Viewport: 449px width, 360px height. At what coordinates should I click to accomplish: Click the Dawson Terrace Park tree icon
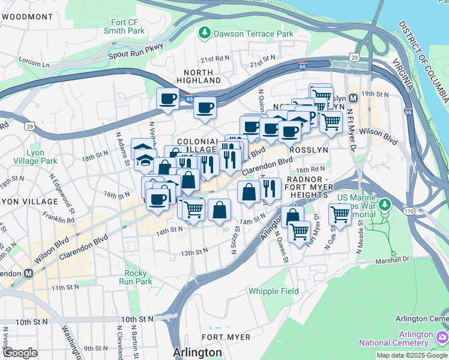(205, 34)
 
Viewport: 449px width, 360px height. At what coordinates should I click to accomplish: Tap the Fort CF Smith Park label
(124, 26)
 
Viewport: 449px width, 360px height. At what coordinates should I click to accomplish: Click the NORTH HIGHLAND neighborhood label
(199, 76)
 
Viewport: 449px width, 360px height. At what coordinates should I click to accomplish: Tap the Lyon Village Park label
(35, 157)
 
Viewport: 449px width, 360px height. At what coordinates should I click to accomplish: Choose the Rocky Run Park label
(135, 277)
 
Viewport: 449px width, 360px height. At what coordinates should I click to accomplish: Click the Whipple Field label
(274, 292)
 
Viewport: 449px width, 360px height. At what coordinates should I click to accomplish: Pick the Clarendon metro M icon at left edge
(28, 273)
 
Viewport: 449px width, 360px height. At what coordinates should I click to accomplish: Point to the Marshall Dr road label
(393, 259)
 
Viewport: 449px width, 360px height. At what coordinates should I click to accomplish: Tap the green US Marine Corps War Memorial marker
(385, 205)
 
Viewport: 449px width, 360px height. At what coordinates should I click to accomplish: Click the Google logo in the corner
(20, 353)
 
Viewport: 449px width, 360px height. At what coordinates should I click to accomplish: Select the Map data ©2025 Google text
(412, 355)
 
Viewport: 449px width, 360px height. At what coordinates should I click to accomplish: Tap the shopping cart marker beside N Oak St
(340, 214)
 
